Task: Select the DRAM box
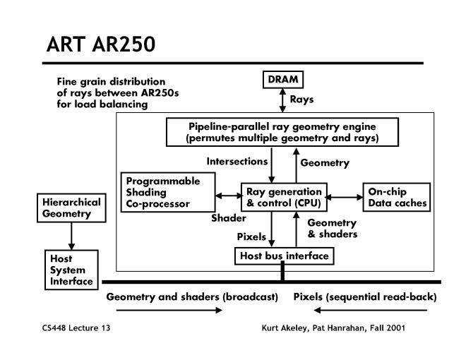[x=283, y=80]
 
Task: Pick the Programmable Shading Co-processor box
[x=160, y=191]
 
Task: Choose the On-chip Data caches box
[x=395, y=197]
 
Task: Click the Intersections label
[x=237, y=162]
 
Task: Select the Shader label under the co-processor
[x=228, y=218]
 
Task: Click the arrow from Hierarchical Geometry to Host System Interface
[x=70, y=234]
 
